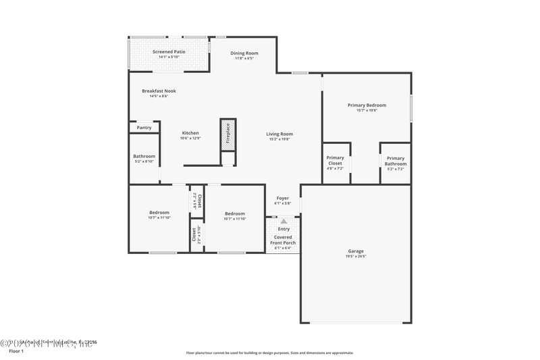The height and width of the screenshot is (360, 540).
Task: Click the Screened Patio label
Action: point(169,51)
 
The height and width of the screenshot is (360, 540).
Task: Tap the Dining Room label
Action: point(244,53)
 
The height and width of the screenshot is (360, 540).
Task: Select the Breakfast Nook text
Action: point(159,91)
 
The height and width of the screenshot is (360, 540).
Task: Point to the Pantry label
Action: point(144,127)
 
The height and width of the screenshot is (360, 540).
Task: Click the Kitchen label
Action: point(190,133)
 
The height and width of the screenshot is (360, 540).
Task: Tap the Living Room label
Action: point(279,134)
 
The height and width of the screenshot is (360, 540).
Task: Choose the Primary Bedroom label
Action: point(367,105)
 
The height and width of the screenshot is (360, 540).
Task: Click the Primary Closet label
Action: point(335,160)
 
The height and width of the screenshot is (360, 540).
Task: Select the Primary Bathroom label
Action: point(396,160)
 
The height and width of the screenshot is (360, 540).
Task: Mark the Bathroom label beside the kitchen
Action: point(144,156)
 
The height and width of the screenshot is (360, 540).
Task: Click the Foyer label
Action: point(282,198)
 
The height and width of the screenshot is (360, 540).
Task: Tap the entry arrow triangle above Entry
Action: point(283,221)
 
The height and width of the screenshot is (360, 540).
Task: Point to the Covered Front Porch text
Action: point(283,240)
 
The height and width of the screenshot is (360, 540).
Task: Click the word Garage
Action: point(356,251)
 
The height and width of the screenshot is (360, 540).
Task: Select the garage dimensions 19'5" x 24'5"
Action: point(356,257)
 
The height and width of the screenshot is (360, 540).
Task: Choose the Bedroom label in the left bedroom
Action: point(159,212)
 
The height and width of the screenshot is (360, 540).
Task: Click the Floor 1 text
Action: point(16,351)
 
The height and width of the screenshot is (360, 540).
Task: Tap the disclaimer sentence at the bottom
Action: point(269,353)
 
